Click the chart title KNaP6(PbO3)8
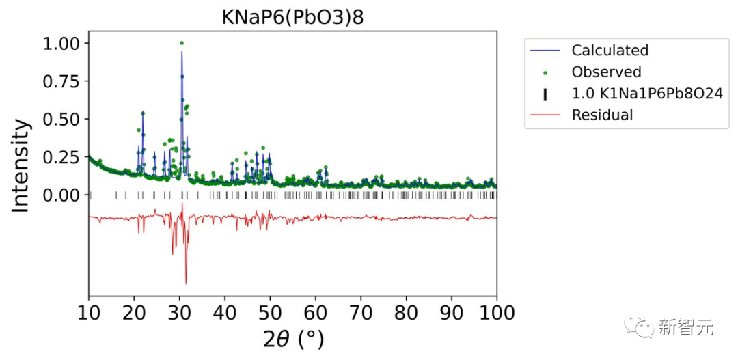pos(292,17)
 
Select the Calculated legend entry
pos(610,51)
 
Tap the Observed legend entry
pos(606,72)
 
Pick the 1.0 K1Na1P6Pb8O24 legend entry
pos(646,94)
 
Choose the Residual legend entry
pos(602,115)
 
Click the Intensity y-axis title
pos(21,165)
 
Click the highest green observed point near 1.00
pos(181,43)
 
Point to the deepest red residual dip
pos(186,283)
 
